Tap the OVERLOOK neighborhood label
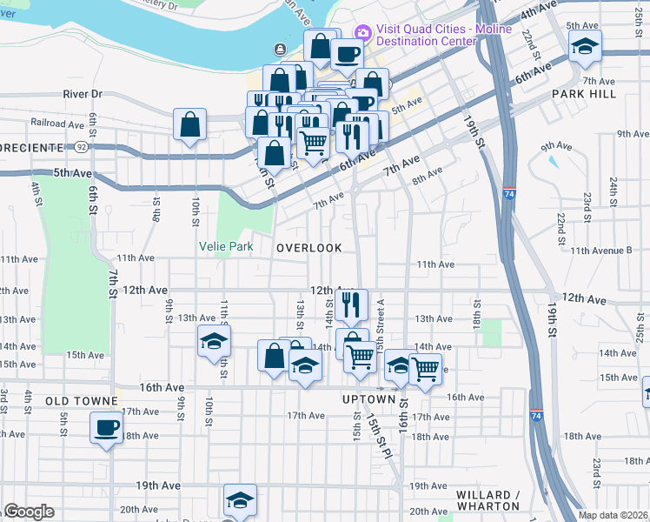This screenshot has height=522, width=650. pos(309,248)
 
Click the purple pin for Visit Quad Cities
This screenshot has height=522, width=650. pos(362,33)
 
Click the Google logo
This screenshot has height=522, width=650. pos(29,512)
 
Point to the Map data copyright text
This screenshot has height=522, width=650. pos(614,515)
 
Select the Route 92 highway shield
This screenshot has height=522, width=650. pos(81,148)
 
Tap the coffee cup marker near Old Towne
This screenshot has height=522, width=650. pos(107,428)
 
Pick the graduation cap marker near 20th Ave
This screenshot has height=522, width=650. pos(240,500)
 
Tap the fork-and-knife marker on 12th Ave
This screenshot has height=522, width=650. pos(351,304)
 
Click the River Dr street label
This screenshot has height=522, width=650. pos(83,94)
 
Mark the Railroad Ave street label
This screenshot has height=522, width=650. pos(56,124)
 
